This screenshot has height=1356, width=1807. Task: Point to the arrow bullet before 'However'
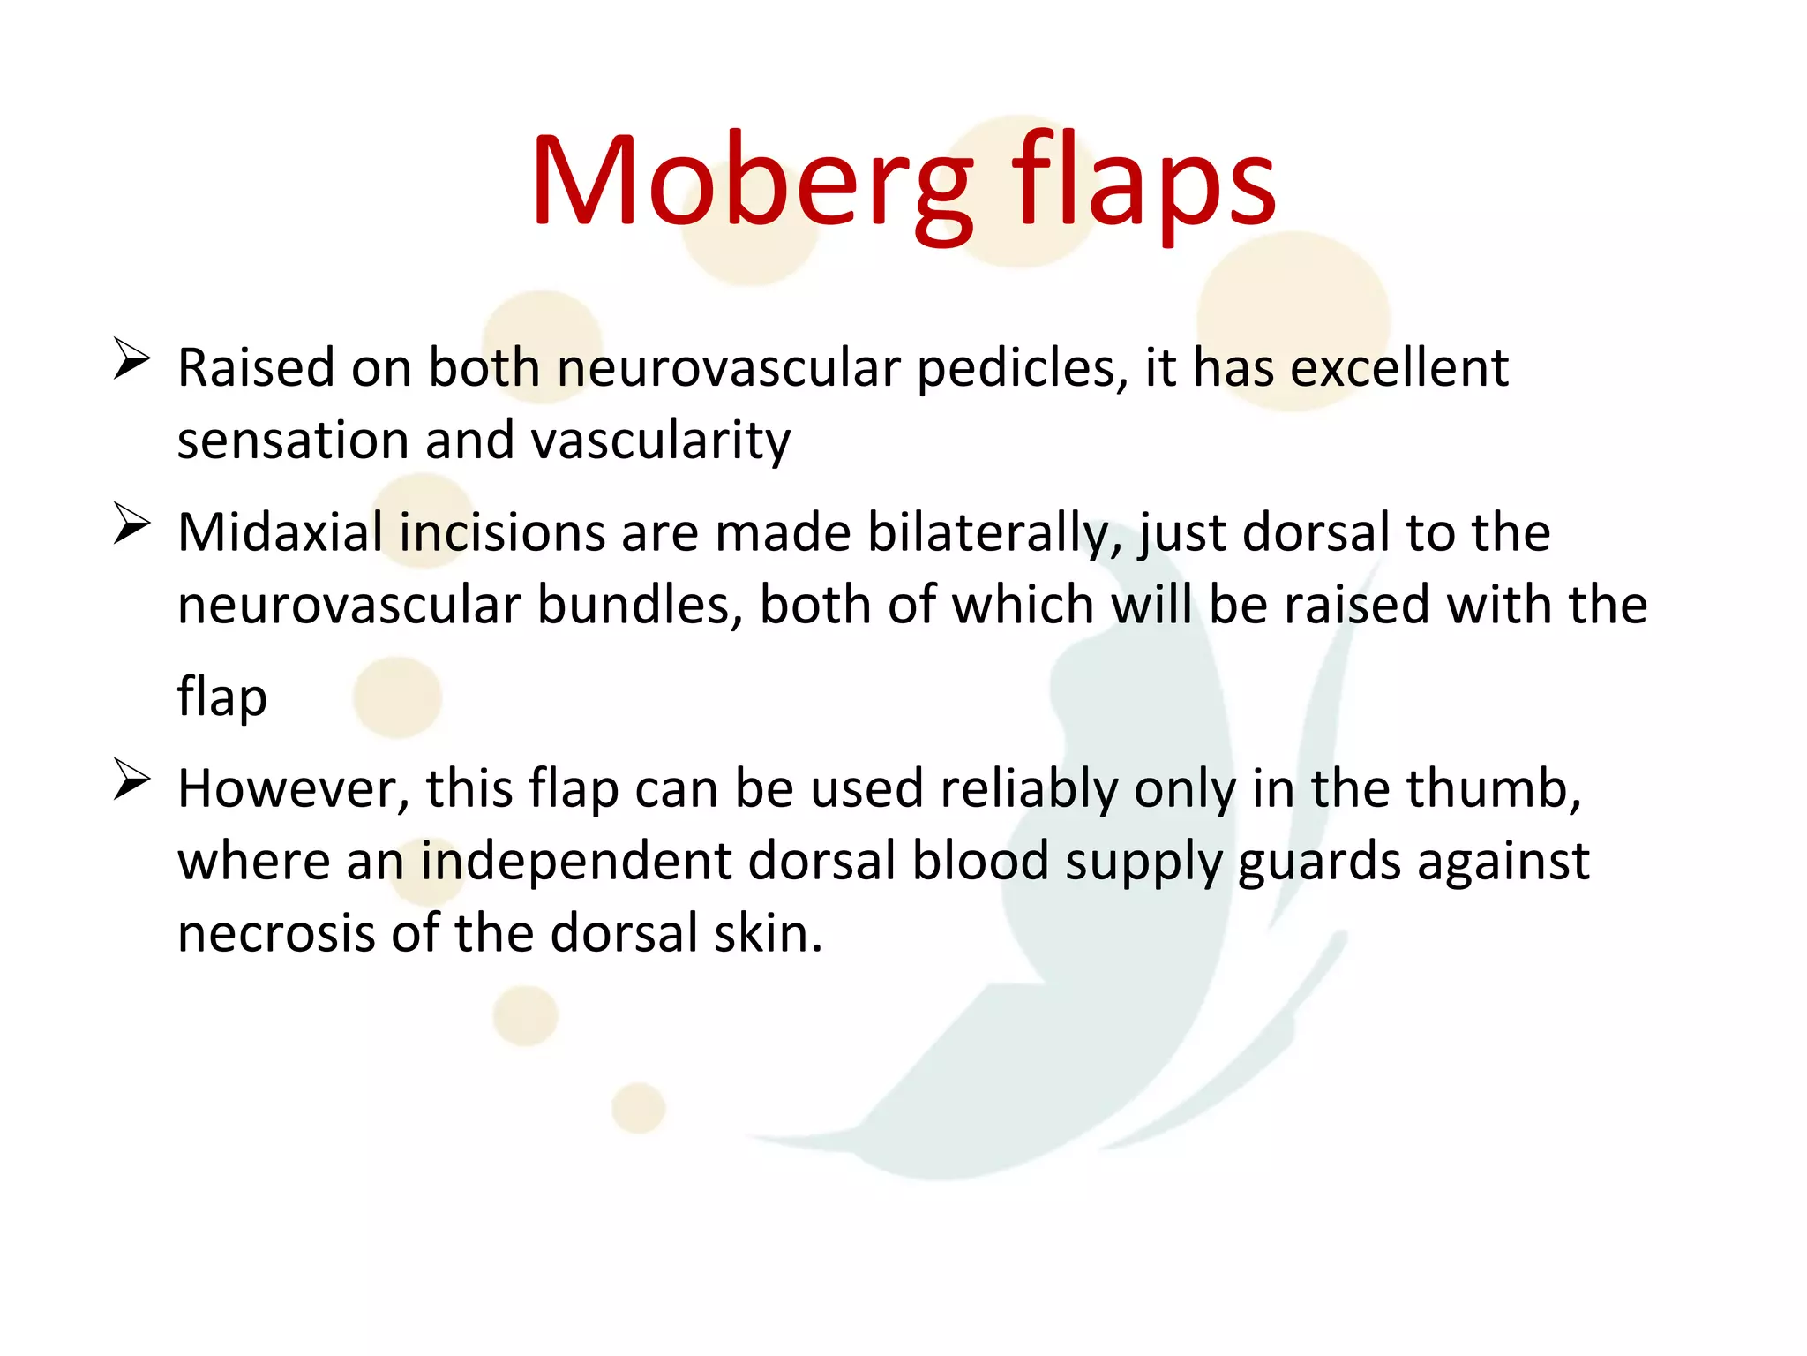coord(131,780)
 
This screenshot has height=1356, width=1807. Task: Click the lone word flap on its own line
coord(221,697)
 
